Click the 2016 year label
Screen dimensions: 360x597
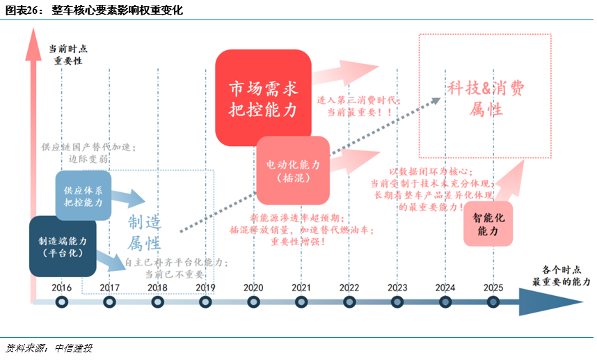tap(61, 288)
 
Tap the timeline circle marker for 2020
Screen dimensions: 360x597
tap(253, 302)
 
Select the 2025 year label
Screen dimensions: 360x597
tap(493, 288)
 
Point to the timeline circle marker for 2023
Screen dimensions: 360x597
tap(397, 302)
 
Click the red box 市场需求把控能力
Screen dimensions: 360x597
tap(263, 98)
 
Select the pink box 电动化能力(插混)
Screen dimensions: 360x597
tap(293, 171)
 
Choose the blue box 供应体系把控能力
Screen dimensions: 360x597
tap(83, 196)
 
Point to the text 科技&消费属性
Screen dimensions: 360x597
tap(486, 98)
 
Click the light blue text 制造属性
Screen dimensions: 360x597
tap(144, 233)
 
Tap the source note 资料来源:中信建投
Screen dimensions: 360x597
tap(48, 348)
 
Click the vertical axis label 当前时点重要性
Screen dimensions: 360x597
tap(68, 56)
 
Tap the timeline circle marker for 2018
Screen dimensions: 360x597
tap(157, 302)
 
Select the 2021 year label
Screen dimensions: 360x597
tap(301, 288)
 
